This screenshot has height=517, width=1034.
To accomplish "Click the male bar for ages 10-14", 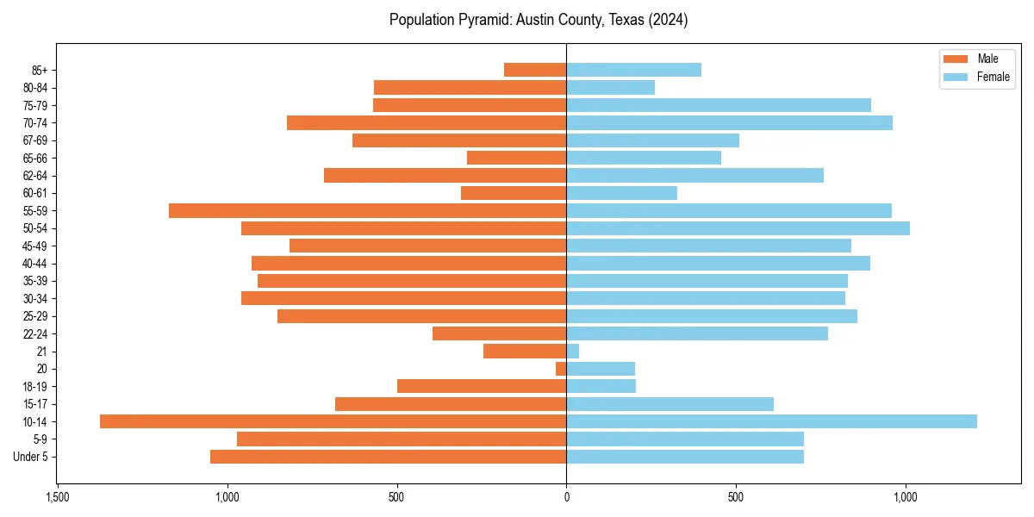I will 333,421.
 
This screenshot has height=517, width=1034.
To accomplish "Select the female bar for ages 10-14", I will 771,421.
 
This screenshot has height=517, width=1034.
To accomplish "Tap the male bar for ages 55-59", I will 367,210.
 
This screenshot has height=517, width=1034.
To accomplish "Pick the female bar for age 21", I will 573,351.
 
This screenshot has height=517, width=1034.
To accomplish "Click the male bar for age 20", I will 561,369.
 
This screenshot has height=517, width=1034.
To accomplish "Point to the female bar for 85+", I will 633,70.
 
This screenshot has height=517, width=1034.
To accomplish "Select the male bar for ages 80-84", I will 470,87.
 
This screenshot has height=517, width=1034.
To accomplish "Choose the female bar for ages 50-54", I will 738,228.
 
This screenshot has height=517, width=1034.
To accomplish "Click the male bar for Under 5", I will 388,457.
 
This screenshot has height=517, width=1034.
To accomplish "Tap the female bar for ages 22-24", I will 697,333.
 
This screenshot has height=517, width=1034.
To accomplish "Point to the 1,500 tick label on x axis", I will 57,498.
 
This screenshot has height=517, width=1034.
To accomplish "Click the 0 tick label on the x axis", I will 566,498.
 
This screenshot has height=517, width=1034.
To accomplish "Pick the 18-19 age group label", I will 35,386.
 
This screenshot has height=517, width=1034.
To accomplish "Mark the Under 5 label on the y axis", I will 30,457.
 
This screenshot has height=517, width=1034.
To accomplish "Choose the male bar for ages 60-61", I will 514,193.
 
